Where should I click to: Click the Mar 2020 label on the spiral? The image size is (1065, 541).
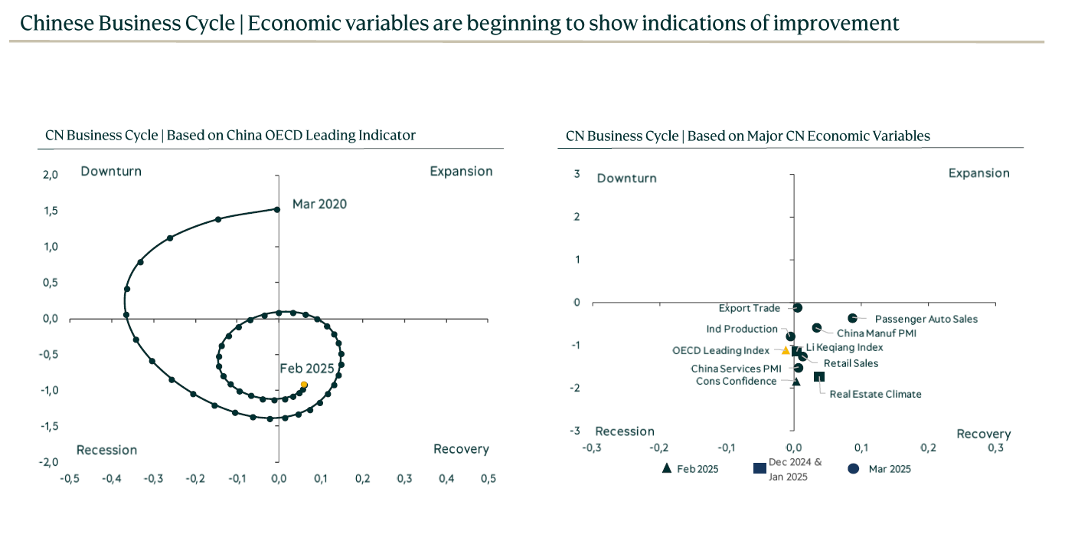pyautogui.click(x=319, y=204)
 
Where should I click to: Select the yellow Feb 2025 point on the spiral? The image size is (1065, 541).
pyautogui.click(x=304, y=385)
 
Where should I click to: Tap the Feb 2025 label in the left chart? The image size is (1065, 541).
pyautogui.click(x=307, y=369)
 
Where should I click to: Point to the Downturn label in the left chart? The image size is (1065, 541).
pyautogui.click(x=111, y=172)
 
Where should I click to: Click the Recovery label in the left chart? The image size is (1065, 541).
pyautogui.click(x=461, y=449)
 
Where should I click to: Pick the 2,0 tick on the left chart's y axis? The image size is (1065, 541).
pyautogui.click(x=50, y=175)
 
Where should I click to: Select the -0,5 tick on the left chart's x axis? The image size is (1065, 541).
pyautogui.click(x=70, y=479)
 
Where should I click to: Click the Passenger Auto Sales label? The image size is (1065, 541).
pyautogui.click(x=926, y=319)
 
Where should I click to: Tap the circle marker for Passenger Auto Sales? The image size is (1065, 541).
pyautogui.click(x=852, y=318)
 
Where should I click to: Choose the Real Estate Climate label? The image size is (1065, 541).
pyautogui.click(x=875, y=394)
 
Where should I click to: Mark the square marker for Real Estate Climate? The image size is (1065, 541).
pyautogui.click(x=818, y=376)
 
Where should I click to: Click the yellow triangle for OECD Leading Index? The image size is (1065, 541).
pyautogui.click(x=785, y=350)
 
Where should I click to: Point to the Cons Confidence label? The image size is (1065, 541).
pyautogui.click(x=736, y=381)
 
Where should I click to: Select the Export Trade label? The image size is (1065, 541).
pyautogui.click(x=749, y=308)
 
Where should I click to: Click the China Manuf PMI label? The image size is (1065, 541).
pyautogui.click(x=876, y=333)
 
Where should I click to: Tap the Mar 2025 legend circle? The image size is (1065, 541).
pyautogui.click(x=853, y=469)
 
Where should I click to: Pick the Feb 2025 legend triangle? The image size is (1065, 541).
pyautogui.click(x=666, y=468)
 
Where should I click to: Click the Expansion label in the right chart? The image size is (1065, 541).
pyautogui.click(x=978, y=173)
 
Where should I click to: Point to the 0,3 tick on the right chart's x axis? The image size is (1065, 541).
pyautogui.click(x=995, y=448)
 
